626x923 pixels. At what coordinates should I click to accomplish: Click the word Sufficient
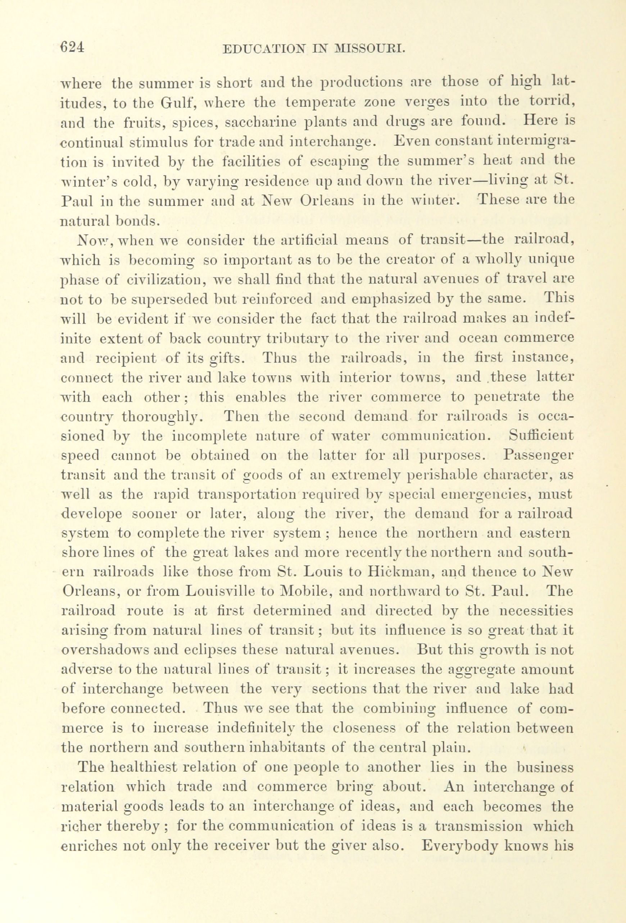pyautogui.click(x=541, y=436)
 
